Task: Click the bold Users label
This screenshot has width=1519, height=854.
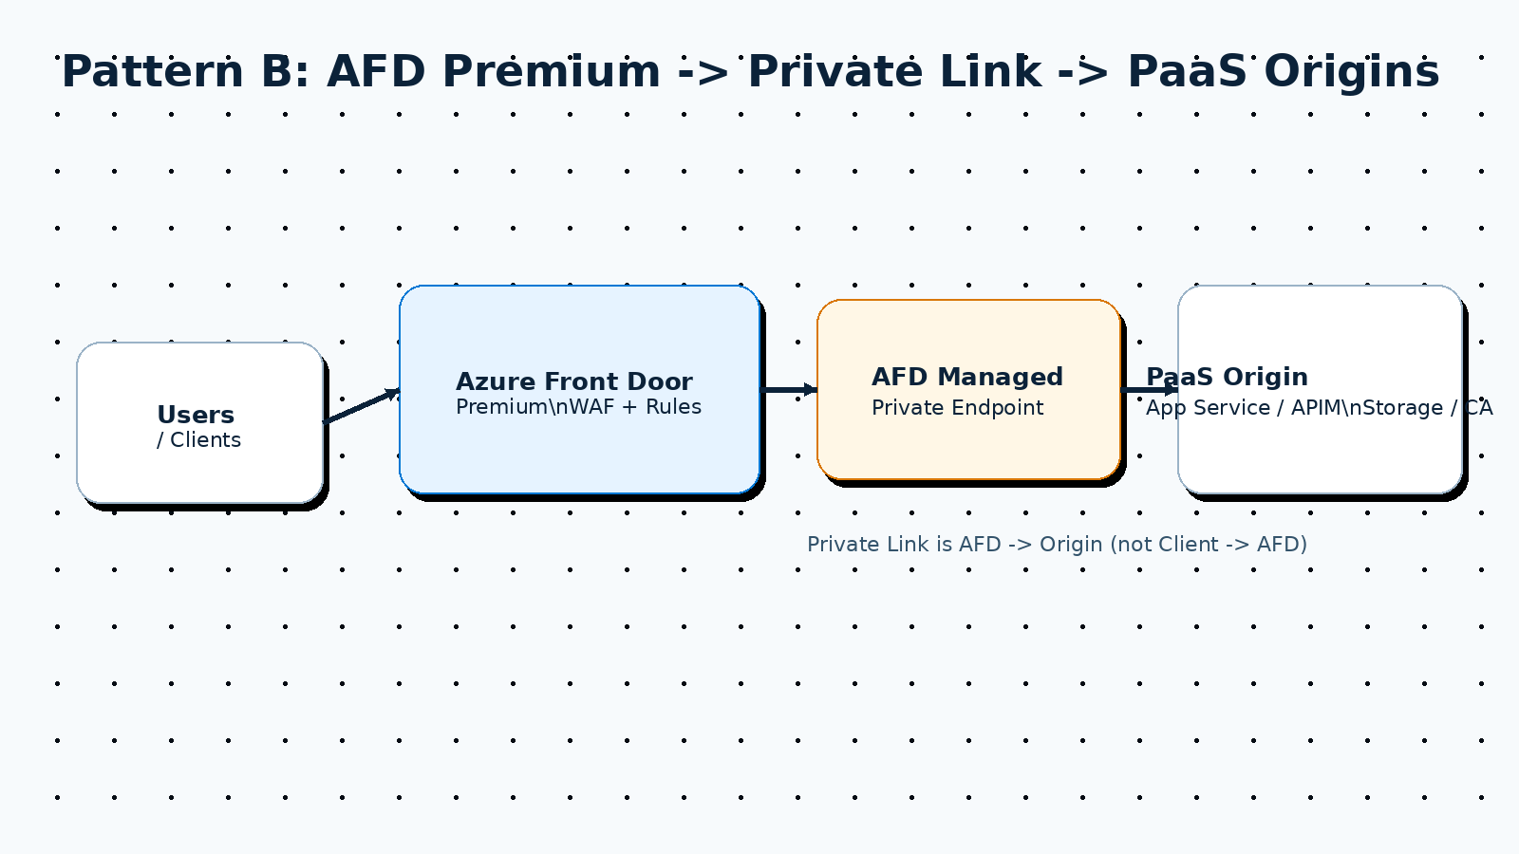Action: tap(196, 415)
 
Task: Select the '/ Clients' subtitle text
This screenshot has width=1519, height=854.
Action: tap(198, 440)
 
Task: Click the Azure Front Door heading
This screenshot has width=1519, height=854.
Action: tap(573, 381)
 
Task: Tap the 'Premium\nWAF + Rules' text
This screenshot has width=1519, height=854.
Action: tap(578, 407)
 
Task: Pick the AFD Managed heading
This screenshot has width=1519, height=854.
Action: tap(966, 377)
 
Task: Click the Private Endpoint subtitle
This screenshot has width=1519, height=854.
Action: tap(957, 408)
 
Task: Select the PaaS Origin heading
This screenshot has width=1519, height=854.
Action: tap(1227, 377)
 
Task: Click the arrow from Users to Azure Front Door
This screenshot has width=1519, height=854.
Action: tap(361, 406)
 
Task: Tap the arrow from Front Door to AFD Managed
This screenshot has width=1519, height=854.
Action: tap(788, 390)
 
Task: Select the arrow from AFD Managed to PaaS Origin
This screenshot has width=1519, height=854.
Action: tap(1149, 390)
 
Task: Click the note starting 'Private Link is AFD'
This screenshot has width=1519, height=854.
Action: tap(1057, 545)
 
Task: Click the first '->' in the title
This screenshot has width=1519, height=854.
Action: tap(703, 72)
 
